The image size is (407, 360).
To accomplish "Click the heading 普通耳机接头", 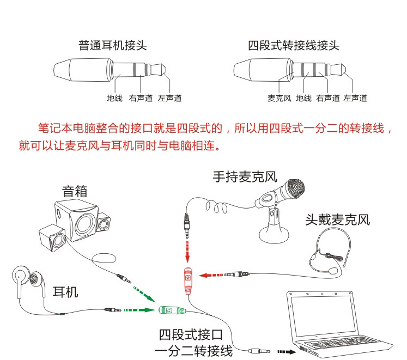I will pyautogui.click(x=112, y=45).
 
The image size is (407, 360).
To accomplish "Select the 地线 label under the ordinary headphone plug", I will pyautogui.click(x=114, y=99).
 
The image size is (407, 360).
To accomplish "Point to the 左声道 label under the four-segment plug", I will pyautogui.click(x=355, y=99).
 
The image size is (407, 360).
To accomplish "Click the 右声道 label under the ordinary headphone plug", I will pyautogui.click(x=140, y=99).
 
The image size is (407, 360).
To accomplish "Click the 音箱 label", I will pyautogui.click(x=75, y=191).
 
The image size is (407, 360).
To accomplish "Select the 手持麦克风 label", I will pyautogui.click(x=245, y=177).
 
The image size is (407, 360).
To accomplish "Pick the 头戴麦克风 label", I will pyautogui.click(x=337, y=220).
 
